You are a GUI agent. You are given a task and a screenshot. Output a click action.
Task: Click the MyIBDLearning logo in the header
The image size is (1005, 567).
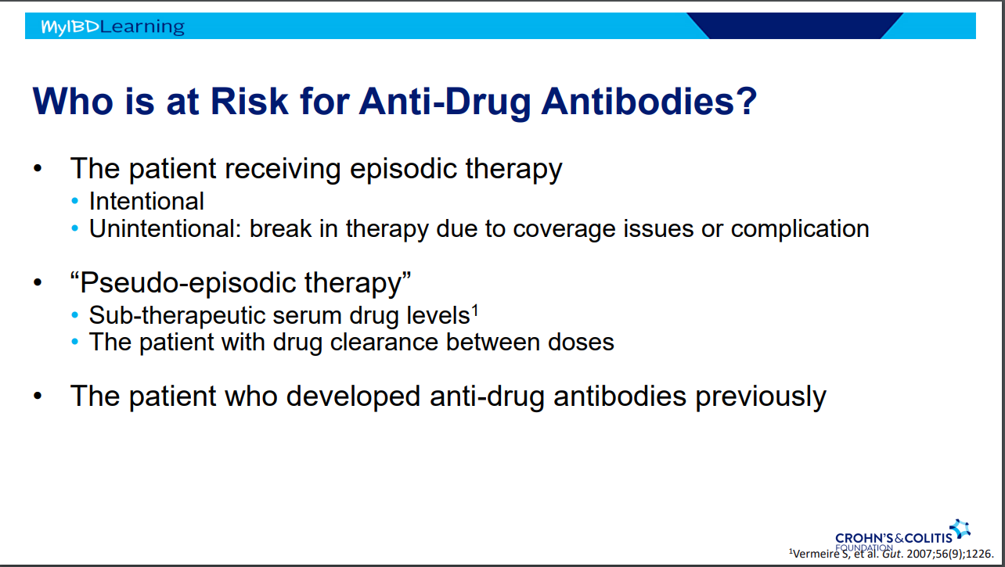(x=113, y=27)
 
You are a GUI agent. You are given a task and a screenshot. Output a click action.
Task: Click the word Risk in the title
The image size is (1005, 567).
(x=249, y=102)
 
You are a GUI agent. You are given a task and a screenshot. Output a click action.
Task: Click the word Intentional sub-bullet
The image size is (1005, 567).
(x=146, y=201)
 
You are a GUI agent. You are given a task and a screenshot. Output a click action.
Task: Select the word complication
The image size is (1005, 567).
(x=800, y=229)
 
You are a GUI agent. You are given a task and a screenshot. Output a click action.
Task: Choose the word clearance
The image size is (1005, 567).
(x=384, y=343)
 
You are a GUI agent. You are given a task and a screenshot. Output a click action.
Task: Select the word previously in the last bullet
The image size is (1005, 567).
(x=761, y=397)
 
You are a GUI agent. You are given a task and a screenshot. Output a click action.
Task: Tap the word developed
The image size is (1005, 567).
(x=353, y=397)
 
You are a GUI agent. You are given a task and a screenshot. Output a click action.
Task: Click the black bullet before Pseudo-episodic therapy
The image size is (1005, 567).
(x=38, y=282)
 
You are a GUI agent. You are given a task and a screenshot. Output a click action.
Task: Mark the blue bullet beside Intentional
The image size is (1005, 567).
(x=75, y=201)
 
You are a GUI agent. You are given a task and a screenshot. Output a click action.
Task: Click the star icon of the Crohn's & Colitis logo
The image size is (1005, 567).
(x=960, y=529)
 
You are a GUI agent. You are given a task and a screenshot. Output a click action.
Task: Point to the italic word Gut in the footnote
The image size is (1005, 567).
(x=892, y=554)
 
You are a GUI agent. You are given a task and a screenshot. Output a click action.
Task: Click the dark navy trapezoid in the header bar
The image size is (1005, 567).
(x=794, y=26)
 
